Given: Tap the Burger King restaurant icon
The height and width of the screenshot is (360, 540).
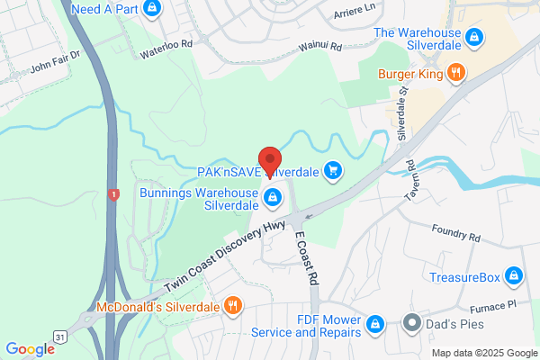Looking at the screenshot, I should [456, 74].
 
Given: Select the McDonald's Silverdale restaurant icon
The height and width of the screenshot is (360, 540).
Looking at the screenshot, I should [232, 304].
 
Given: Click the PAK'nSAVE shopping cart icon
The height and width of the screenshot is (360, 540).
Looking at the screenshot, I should [334, 169].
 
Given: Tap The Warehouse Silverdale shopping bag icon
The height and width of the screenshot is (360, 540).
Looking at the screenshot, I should [475, 38].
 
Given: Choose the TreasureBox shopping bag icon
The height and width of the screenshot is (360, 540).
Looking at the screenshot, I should [514, 275].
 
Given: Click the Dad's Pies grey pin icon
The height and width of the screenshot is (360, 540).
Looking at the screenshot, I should [411, 320].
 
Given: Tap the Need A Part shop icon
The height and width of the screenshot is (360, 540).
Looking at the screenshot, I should [152, 8].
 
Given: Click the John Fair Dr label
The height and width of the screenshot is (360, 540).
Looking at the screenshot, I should [56, 65].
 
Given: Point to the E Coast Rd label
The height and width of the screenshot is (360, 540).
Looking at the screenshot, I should [307, 260].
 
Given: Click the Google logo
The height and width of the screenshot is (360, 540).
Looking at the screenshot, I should [30, 349].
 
